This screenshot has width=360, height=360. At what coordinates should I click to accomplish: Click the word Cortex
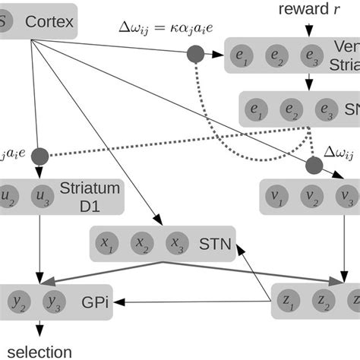point(50,22)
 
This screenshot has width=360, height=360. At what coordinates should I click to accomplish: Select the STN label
point(214,245)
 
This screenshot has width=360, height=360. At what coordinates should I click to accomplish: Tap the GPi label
point(93,302)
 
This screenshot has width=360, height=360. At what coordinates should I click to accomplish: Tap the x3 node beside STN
point(176,244)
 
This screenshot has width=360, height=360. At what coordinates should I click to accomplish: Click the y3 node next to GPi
point(52,302)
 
